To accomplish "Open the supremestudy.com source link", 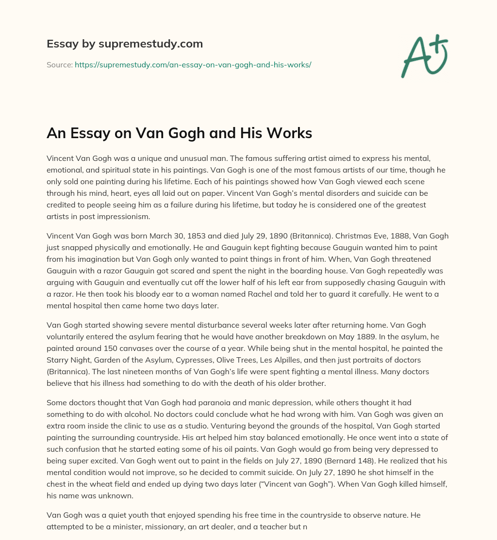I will tap(193, 64).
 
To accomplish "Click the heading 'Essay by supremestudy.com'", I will tap(125, 44).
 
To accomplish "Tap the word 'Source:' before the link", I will tap(60, 64).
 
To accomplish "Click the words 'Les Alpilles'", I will tap(291, 360).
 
